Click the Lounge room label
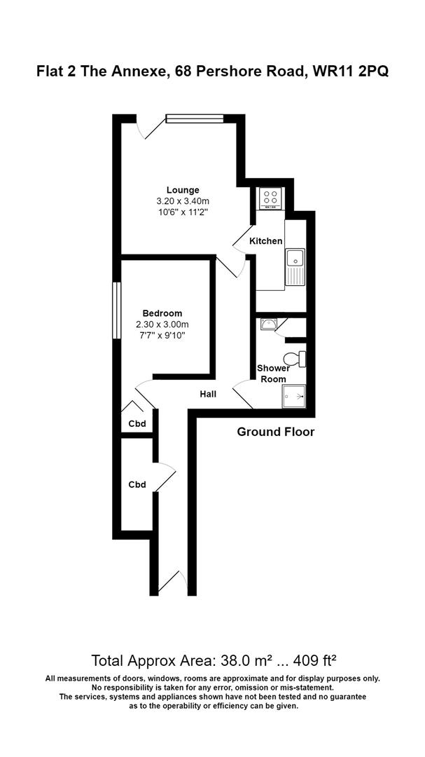point(183,189)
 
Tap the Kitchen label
point(266,241)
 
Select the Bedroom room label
point(162,313)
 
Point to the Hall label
point(208,394)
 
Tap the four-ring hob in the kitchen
point(271,198)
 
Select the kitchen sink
point(295,267)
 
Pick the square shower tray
point(295,397)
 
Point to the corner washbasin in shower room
point(268,323)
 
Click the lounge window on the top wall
point(194,118)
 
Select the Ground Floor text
point(276,432)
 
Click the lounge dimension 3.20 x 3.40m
point(183,200)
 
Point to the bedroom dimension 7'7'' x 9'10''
point(162,335)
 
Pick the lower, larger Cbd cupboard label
point(137,484)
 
